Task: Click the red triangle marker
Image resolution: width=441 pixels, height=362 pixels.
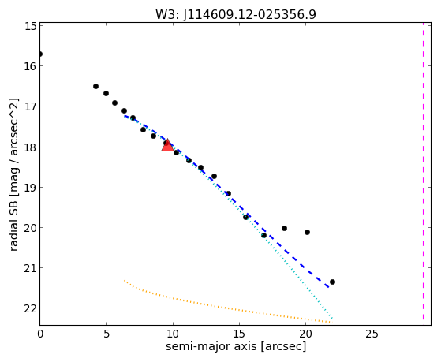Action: [x=167, y=145]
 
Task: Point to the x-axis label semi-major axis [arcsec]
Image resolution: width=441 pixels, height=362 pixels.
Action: [x=236, y=346]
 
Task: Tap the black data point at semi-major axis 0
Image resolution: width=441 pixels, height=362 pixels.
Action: [x=40, y=54]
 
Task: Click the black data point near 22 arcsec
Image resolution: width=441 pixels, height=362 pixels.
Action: [x=332, y=282]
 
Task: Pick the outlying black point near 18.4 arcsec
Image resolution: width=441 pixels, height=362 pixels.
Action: [x=284, y=228]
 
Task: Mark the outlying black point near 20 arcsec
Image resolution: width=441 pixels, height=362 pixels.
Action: [x=307, y=232]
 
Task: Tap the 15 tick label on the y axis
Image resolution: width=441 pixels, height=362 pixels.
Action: [x=30, y=27]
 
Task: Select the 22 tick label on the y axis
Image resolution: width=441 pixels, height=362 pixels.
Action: [x=30, y=308]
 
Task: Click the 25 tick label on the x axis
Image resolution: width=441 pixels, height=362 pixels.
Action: [x=372, y=334]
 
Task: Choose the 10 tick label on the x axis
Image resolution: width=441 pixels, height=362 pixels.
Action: [x=173, y=334]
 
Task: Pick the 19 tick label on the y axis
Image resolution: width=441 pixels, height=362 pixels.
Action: [x=30, y=188]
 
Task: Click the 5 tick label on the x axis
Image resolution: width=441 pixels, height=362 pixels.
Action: [x=106, y=334]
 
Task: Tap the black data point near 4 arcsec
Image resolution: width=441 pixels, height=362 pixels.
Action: [x=95, y=86]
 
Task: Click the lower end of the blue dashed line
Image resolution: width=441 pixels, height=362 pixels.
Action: [x=328, y=287]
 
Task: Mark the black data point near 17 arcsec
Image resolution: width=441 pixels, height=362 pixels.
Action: [x=263, y=235]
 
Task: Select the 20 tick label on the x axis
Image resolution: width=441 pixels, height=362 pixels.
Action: [x=305, y=334]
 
